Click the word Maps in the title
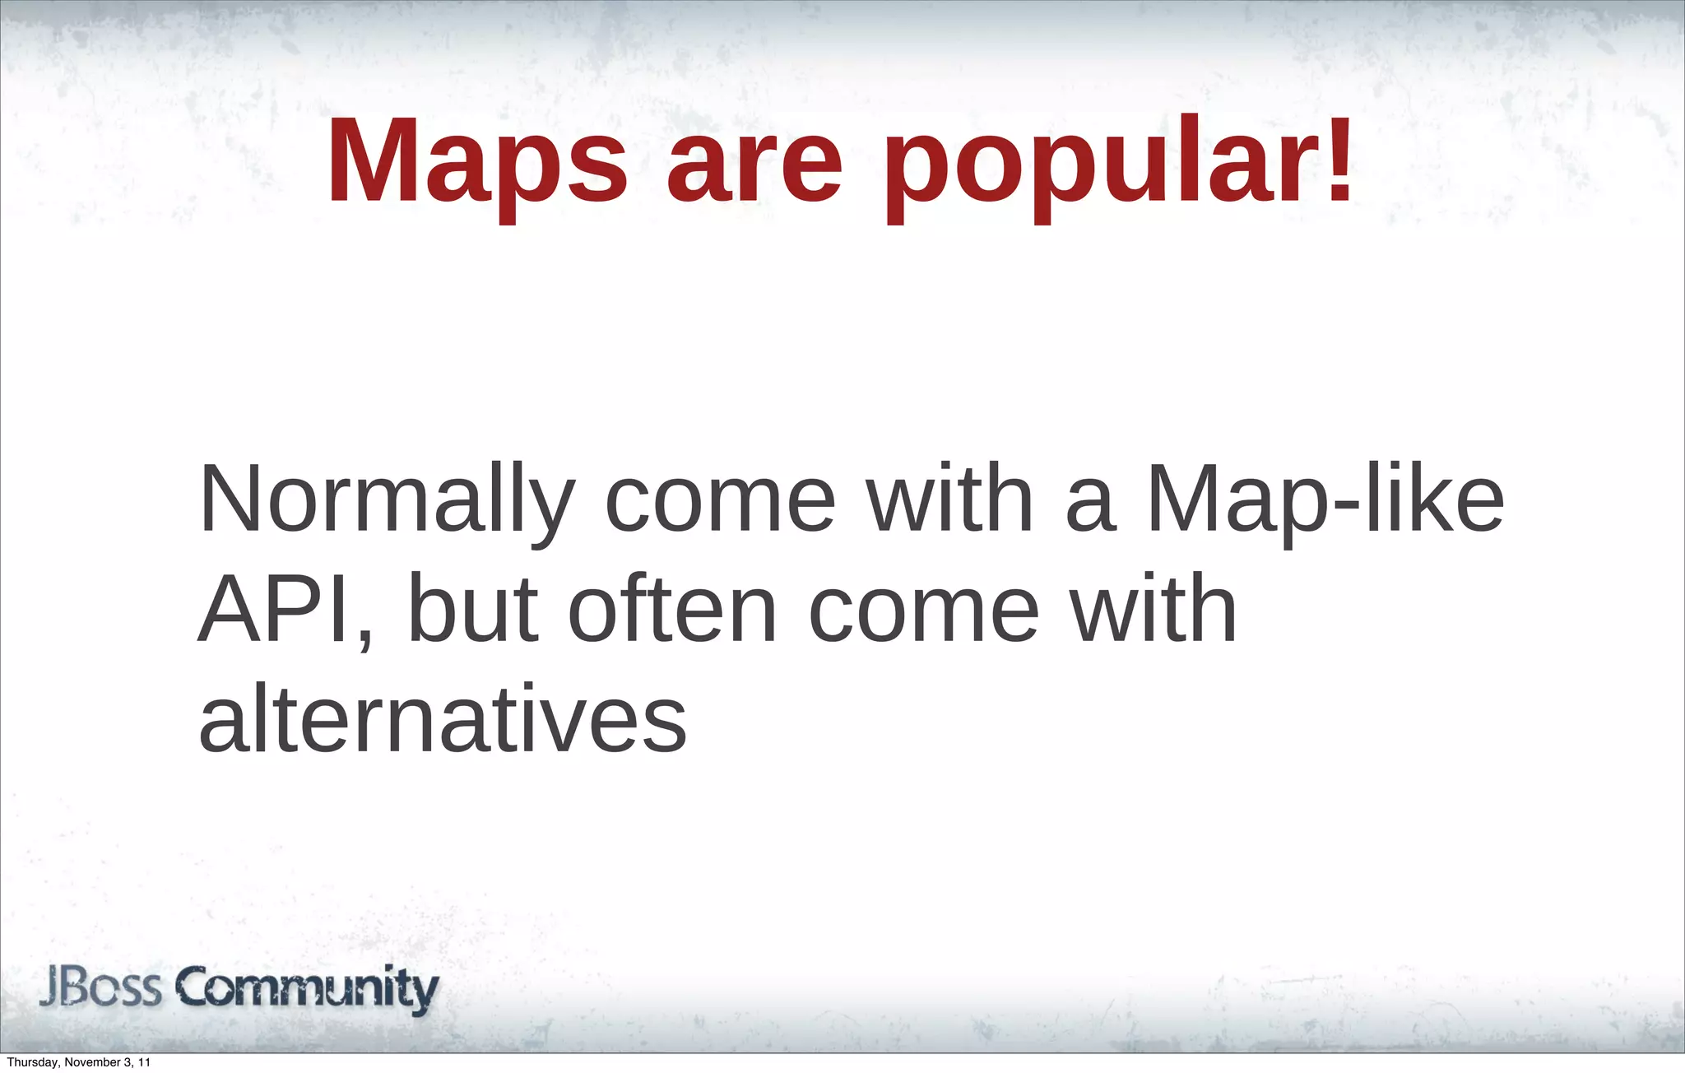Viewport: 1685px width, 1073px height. (477, 162)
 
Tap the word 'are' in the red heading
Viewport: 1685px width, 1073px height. (754, 162)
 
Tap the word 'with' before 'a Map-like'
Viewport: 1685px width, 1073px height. (950, 500)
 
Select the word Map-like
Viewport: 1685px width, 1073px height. (1325, 500)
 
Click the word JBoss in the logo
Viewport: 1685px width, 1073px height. (100, 988)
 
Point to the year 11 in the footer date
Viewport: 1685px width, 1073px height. (145, 1062)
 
